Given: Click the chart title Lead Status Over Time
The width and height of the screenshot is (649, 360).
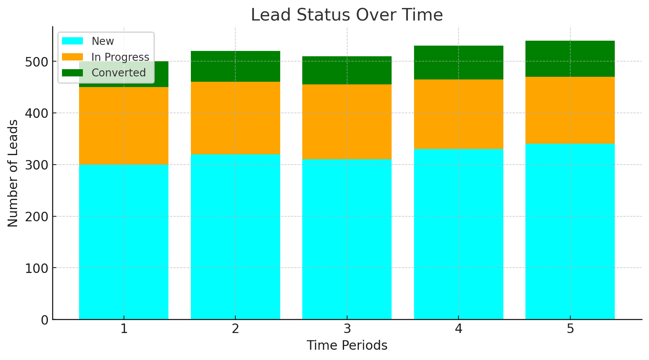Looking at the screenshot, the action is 346,15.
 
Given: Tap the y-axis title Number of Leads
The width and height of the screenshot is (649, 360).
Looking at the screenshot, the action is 13,173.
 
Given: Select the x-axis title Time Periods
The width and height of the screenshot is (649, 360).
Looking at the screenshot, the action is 347,345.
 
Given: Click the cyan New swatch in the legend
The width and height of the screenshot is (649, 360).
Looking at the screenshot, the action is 73,41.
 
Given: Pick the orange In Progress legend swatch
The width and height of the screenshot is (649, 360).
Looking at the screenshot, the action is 73,57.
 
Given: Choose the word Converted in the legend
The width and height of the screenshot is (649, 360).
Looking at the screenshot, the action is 119,73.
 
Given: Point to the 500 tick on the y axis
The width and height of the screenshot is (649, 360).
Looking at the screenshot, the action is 36,62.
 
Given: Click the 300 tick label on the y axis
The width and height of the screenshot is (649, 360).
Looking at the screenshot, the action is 36,165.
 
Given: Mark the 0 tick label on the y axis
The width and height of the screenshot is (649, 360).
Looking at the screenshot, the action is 44,320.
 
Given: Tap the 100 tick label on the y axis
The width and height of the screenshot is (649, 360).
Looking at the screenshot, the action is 36,268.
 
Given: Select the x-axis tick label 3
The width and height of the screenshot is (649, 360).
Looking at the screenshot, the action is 347,329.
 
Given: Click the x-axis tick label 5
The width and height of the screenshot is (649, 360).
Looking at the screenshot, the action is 570,329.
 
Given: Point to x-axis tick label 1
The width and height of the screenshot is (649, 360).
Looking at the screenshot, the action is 124,329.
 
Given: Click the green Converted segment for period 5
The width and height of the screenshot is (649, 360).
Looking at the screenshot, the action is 570,59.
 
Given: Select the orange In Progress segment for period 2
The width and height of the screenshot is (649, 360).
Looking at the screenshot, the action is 235,118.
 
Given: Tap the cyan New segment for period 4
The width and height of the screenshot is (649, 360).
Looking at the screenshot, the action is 459,234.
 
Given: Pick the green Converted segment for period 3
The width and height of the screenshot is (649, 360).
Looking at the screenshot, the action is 347,70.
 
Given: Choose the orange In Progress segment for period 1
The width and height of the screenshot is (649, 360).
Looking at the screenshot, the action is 124,126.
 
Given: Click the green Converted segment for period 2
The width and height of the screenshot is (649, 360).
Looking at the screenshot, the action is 235,66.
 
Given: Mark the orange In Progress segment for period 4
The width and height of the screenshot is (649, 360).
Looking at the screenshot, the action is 459,114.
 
